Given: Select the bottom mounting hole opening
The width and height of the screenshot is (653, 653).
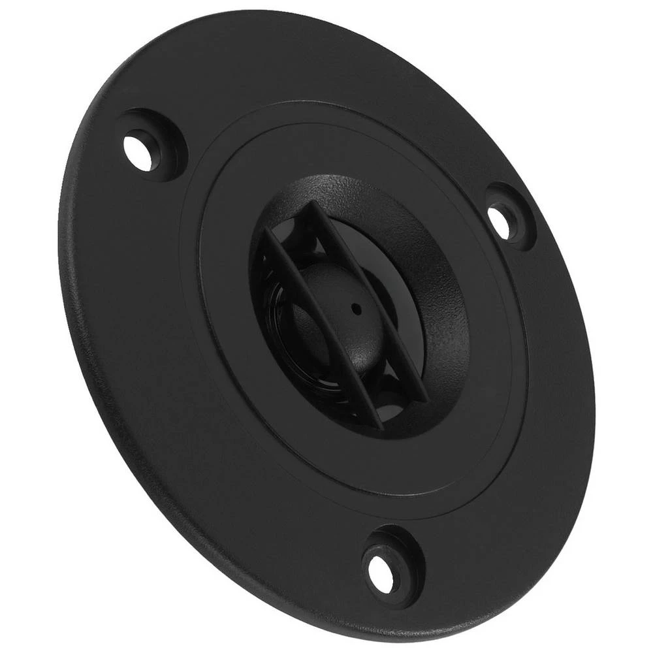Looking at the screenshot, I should (381, 572).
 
